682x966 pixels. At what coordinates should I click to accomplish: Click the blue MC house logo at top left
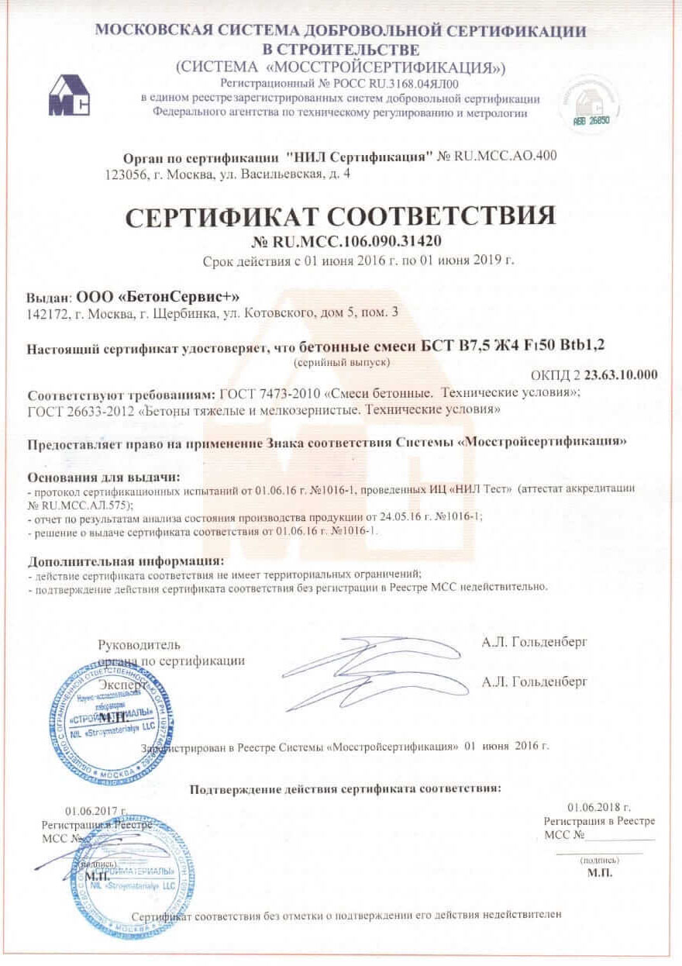pos(70,95)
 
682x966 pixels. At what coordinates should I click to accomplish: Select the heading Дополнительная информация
pos(126,561)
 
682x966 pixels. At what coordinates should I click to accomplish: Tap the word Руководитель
pos(139,645)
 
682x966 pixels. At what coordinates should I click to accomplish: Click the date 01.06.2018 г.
pos(599,807)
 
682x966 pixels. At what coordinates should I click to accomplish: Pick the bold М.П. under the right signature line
pos(600,873)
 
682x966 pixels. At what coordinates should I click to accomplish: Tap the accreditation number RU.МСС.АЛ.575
pos(78,503)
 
